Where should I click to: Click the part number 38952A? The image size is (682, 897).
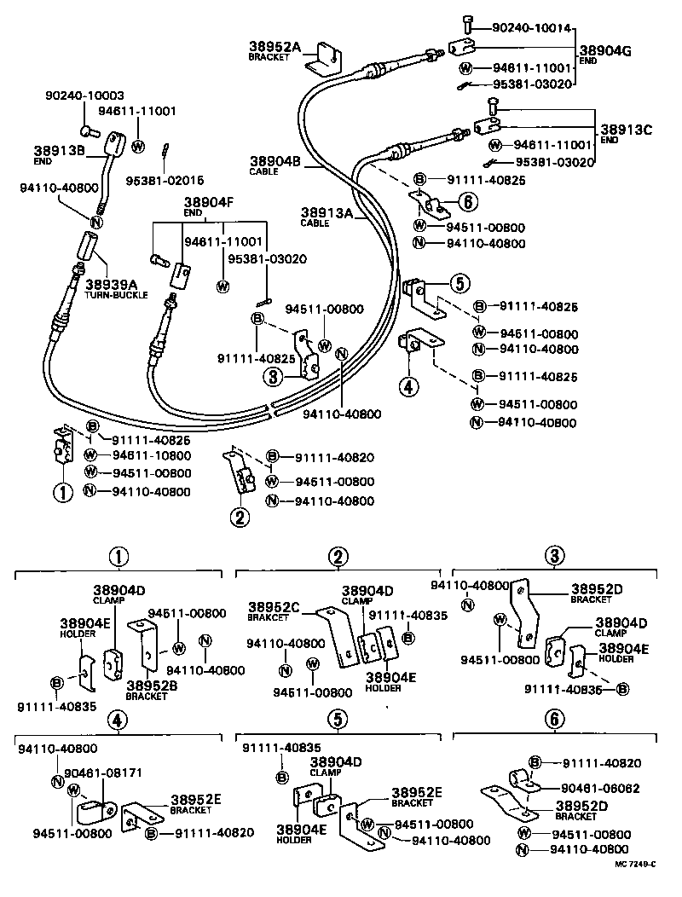(275, 47)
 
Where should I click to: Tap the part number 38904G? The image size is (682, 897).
(604, 50)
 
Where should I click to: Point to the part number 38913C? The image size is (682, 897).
(626, 130)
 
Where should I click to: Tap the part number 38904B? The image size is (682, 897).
(275, 159)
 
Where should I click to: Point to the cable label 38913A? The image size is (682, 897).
(326, 212)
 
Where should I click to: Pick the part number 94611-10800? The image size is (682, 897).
(148, 455)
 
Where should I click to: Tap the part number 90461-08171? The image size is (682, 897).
(105, 773)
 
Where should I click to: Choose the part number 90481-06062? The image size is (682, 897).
(600, 788)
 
